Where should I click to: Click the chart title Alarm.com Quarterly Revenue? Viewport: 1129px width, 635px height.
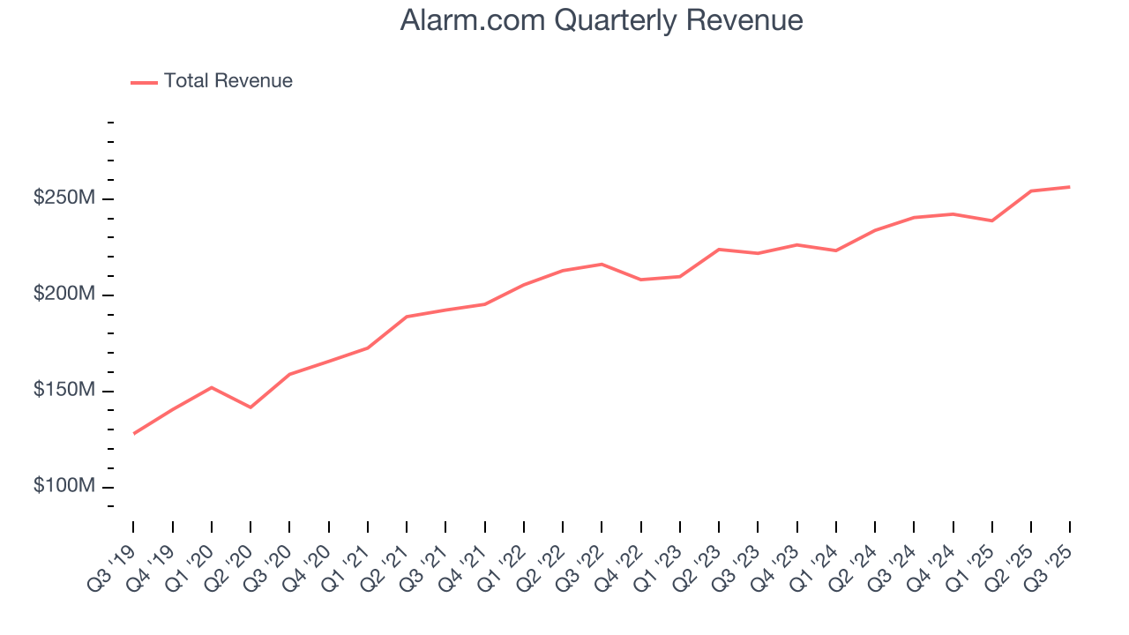[601, 20]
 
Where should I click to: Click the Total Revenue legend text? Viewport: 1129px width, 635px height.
[228, 81]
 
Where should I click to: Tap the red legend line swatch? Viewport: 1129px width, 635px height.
[144, 82]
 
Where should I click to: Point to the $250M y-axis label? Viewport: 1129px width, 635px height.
[64, 198]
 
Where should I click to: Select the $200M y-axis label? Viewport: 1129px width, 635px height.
[64, 295]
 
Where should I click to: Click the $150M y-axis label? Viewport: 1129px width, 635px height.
[64, 391]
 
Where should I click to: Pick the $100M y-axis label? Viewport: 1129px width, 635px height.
[64, 487]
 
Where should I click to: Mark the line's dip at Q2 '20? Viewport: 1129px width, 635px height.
[250, 407]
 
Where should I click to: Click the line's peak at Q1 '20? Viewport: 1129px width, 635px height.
[212, 387]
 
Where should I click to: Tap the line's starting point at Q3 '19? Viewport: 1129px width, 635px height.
[134, 433]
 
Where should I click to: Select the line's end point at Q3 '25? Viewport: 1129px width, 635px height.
[1069, 187]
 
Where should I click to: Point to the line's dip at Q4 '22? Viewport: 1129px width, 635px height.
[640, 280]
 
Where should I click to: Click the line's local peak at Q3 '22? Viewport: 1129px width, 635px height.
[602, 265]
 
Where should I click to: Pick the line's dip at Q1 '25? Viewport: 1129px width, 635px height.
[991, 220]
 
